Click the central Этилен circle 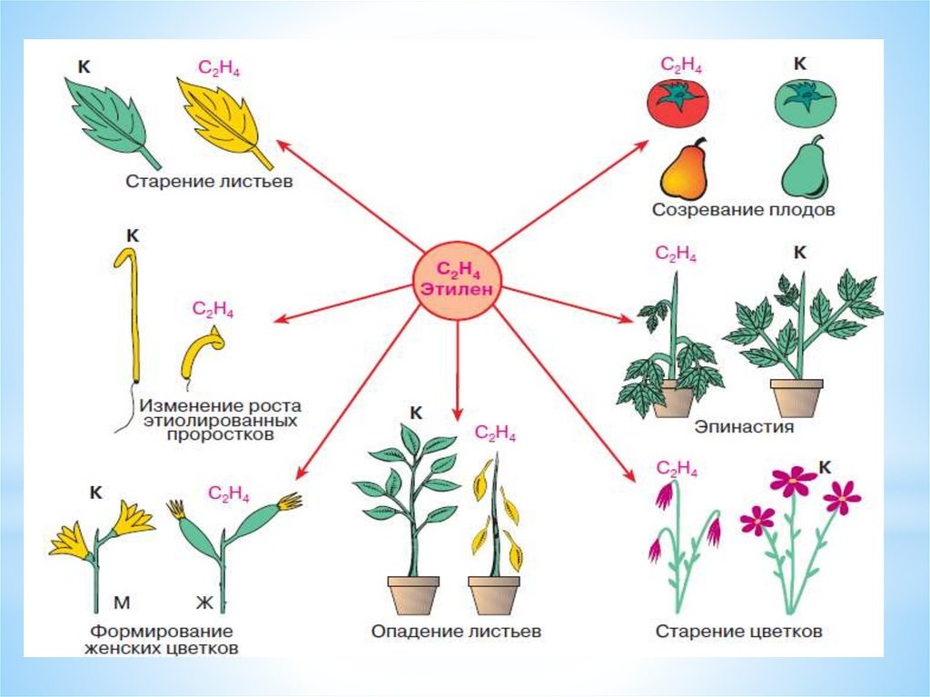[x=458, y=280]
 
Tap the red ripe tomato [x=678, y=102]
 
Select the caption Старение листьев [x=209, y=181]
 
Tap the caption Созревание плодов [x=743, y=210]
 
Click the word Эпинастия [x=744, y=426]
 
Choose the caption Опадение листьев [x=456, y=631]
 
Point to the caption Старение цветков [x=738, y=631]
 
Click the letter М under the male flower [x=122, y=603]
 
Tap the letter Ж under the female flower [x=204, y=603]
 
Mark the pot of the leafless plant [x=494, y=596]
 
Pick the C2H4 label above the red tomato [x=681, y=65]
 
